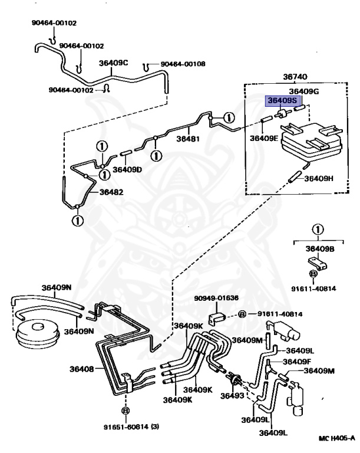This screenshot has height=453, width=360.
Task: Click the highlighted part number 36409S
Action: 279,101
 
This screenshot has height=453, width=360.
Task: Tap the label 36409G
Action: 303,91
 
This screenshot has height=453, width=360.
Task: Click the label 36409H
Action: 319,178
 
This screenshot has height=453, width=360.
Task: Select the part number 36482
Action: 111,192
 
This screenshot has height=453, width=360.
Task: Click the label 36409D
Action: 128,170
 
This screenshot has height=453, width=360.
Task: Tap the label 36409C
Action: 113,63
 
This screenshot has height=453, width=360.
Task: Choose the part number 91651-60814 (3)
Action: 124,426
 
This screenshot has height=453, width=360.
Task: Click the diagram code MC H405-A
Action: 336,438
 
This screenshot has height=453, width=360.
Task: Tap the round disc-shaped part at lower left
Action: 36,334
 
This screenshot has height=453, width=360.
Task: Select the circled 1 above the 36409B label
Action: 318,229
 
